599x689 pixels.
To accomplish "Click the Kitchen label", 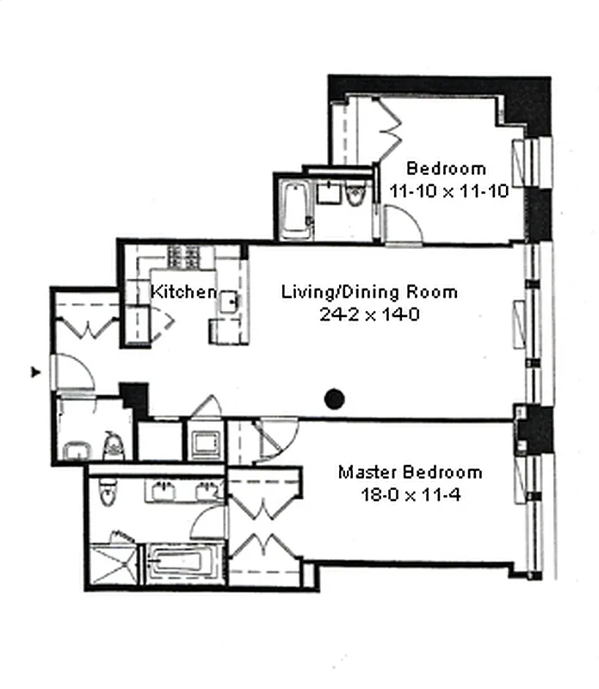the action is [x=183, y=291].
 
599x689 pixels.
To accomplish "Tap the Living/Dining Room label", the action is [x=369, y=292].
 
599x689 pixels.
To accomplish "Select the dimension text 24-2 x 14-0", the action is [x=369, y=314].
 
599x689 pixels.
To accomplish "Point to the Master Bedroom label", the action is [x=411, y=472].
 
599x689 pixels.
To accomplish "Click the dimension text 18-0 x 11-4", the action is [x=411, y=494].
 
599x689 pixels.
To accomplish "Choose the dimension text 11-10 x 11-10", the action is [x=448, y=191].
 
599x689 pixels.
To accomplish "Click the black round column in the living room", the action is [x=334, y=399].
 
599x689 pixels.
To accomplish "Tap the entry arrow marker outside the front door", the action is [x=35, y=372].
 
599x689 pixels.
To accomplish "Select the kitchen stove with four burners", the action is [x=183, y=257].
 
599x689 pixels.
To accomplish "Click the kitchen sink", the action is [x=228, y=302].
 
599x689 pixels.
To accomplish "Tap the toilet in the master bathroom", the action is [x=107, y=491].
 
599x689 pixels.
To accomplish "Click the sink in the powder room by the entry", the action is [x=77, y=450].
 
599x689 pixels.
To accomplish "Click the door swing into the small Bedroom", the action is [x=403, y=225].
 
